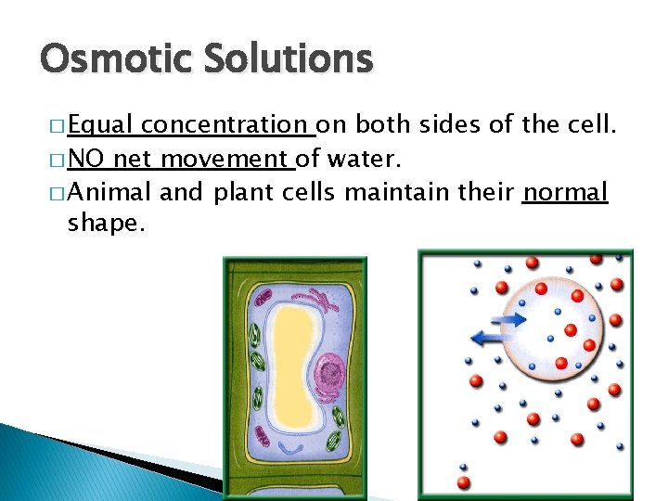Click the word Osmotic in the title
click(101, 60)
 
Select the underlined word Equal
click(102, 124)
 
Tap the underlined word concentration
click(226, 124)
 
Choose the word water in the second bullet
click(361, 160)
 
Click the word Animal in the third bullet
click(110, 193)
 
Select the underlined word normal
click(565, 193)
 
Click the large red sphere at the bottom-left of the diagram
click(464, 482)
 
